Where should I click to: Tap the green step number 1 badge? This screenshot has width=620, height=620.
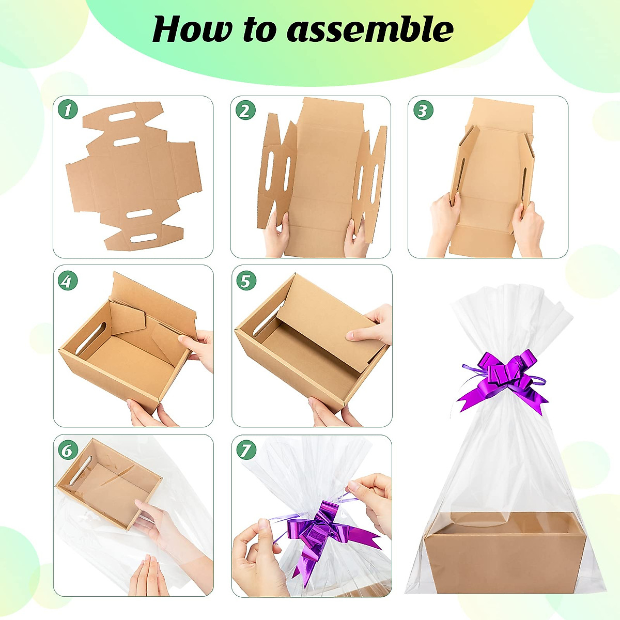[x=68, y=110]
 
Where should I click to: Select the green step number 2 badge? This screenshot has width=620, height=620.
[x=245, y=110]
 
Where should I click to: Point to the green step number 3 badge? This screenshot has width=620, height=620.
[x=423, y=110]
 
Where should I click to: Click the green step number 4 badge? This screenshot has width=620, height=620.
[x=67, y=281]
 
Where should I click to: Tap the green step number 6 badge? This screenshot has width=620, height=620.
[x=67, y=450]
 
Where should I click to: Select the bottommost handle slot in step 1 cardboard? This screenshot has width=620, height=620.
[x=144, y=238]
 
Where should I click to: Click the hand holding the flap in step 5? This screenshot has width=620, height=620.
[x=372, y=326]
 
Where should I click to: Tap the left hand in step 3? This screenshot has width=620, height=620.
[x=444, y=220]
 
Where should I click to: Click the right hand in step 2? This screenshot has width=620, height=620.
[x=357, y=238]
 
